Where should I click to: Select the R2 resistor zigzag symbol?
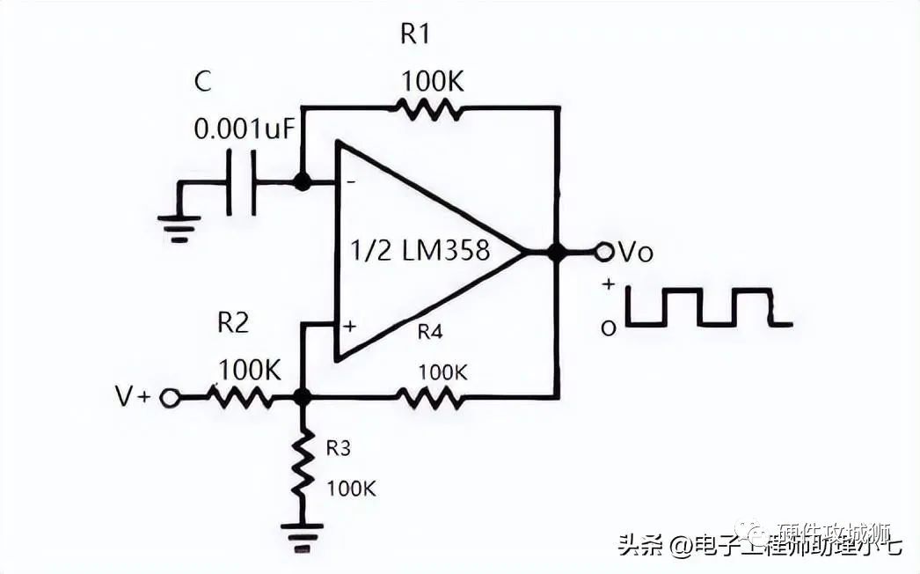239,398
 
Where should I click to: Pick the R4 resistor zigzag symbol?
428,398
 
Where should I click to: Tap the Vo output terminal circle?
602,253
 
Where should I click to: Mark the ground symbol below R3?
302,534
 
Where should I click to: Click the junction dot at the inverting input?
302,183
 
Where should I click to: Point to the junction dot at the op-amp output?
556,253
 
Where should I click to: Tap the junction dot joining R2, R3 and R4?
302,398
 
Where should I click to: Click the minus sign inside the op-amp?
349,182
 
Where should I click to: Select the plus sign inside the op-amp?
349,327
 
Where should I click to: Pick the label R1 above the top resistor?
416,34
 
